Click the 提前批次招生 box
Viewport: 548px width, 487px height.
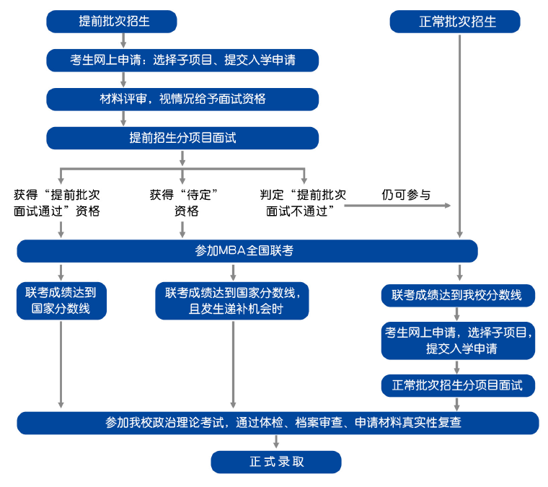click(112, 22)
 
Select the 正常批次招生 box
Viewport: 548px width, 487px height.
click(455, 22)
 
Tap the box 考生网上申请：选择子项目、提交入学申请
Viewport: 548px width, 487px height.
click(182, 61)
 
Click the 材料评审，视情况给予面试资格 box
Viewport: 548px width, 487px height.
click(182, 99)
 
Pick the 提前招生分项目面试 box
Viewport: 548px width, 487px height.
click(182, 138)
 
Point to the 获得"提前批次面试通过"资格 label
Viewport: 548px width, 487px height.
click(57, 203)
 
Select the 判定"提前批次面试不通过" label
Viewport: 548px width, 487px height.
click(303, 203)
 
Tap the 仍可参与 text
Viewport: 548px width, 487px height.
click(406, 195)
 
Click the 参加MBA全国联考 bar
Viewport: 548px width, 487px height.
click(247, 251)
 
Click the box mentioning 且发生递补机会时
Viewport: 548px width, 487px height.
click(232, 301)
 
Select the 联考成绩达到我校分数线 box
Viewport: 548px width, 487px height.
click(458, 295)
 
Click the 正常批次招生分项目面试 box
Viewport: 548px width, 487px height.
click(458, 385)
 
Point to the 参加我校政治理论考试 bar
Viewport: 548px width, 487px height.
click(278, 423)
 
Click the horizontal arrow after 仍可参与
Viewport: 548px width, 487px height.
click(397, 206)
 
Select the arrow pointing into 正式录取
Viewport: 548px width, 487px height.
click(276, 442)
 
